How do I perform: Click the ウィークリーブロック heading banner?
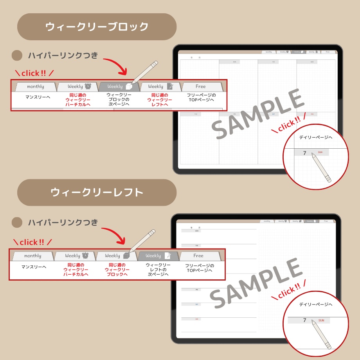pyautogui.click(x=97, y=27)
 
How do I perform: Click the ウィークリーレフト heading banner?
pyautogui.click(x=97, y=193)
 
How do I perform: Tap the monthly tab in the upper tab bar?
pyautogui.click(x=35, y=86)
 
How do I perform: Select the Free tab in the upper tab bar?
pyautogui.click(x=200, y=86)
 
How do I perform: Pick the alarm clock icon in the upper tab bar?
pyautogui.click(x=88, y=86)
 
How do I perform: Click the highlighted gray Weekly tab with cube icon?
pyautogui.click(x=119, y=86)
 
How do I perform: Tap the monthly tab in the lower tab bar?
pyautogui.click(x=32, y=256)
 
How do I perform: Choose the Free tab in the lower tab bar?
pyautogui.click(x=198, y=256)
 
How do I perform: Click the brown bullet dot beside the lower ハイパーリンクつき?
pyautogui.click(x=17, y=223)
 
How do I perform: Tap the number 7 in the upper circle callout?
pyautogui.click(x=305, y=153)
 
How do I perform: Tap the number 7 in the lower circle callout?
pyautogui.click(x=304, y=320)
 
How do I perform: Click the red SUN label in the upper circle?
pyautogui.click(x=320, y=152)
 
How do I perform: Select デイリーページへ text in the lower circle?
pyautogui.click(x=316, y=304)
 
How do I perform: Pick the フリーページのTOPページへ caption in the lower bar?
pyautogui.click(x=200, y=268)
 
